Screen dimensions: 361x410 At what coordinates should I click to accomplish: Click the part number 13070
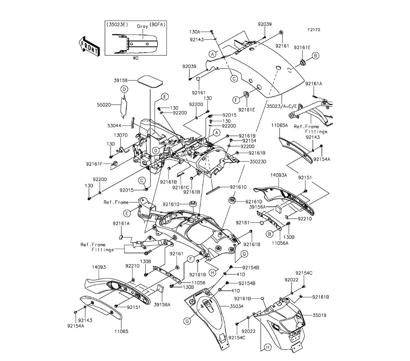tap(121, 135)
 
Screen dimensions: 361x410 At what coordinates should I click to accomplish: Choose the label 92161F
tap(94, 164)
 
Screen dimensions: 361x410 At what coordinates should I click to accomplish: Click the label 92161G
tap(238, 187)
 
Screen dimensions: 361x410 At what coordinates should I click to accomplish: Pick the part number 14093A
tap(290, 175)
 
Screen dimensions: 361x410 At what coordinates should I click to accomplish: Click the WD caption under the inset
tap(136, 58)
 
